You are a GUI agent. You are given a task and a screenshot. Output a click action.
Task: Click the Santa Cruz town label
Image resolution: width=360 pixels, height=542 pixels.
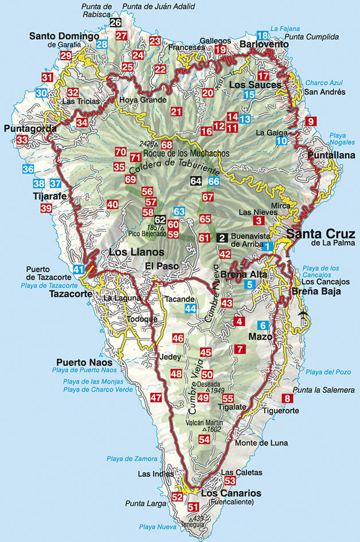pyautogui.click(x=316, y=233)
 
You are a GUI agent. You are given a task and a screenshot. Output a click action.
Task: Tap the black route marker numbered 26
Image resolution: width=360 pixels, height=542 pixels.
pyautogui.click(x=115, y=23)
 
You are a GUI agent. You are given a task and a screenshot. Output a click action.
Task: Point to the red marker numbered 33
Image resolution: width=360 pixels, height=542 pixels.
pyautogui.click(x=22, y=140)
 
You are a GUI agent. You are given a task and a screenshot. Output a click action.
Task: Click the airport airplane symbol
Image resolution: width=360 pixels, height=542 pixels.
pyautogui.click(x=303, y=313)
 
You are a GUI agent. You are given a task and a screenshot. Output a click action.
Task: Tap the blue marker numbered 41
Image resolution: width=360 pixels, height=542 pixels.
pyautogui.click(x=79, y=269)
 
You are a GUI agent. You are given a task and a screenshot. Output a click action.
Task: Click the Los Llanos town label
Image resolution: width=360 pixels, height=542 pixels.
pyautogui.click(x=132, y=252)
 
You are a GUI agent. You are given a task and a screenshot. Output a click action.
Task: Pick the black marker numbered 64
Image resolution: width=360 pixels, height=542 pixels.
pyautogui.click(x=196, y=181)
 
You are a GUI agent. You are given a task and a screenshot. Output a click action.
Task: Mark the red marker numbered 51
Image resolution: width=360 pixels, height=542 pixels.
pyautogui.click(x=193, y=506)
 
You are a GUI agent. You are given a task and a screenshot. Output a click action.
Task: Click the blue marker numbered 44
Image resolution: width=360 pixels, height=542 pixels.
pyautogui.click(x=190, y=308)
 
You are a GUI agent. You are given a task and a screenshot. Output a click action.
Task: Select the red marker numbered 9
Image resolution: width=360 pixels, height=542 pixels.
pyautogui.click(x=311, y=121)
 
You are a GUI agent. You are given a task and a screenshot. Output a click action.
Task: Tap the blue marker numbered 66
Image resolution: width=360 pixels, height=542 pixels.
pyautogui.click(x=214, y=181)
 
